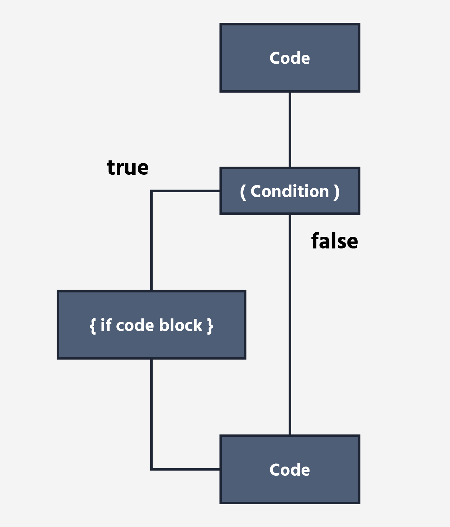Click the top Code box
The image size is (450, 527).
(290, 58)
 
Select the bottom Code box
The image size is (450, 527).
(290, 469)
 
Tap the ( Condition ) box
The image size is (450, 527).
(290, 191)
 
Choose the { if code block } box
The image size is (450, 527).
(152, 325)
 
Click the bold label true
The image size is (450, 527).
(128, 167)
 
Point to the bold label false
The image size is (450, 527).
(334, 241)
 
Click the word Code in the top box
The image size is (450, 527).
(290, 58)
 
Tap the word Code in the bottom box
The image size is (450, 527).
(290, 470)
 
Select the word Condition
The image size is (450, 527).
(290, 191)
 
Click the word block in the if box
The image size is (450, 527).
(181, 325)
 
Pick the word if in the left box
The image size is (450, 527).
(106, 325)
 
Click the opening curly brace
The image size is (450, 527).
(93, 326)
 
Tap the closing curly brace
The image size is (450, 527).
(210, 326)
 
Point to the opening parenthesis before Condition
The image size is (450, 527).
(243, 192)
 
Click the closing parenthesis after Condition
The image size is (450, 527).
(337, 192)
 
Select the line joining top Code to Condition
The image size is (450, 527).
(290, 130)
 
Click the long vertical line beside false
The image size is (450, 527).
(290, 325)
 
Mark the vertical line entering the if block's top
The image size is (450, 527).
(152, 241)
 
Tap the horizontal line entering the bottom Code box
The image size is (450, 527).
(186, 469)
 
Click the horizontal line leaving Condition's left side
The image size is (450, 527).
(186, 191)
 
